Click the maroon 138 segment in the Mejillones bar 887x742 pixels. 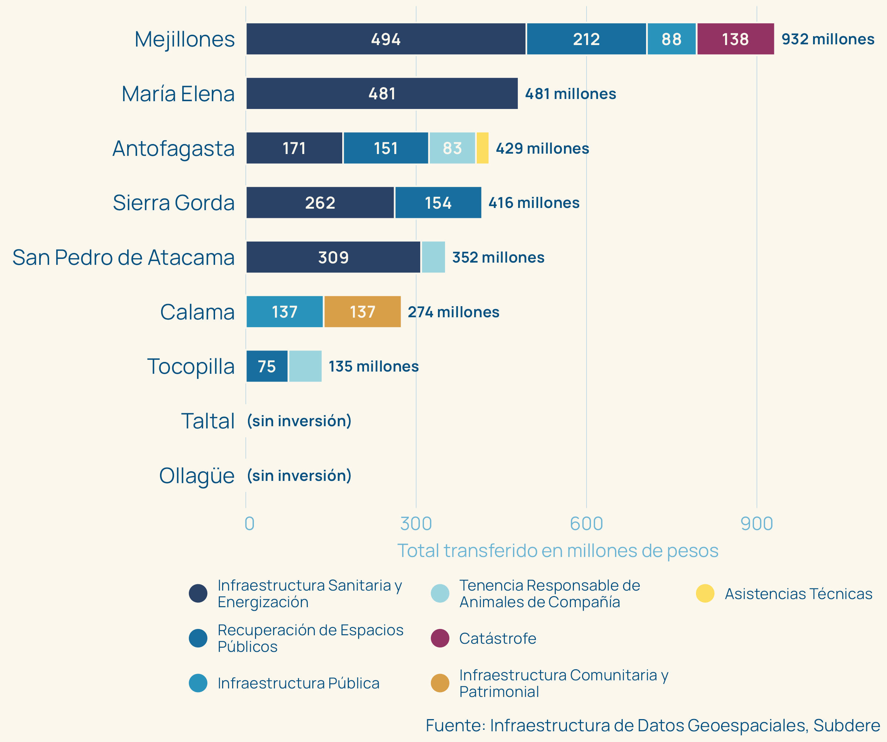735,39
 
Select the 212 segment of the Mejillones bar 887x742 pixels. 586,39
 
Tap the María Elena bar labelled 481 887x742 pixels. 382,93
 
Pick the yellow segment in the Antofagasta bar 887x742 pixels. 482,148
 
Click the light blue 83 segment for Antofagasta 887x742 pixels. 452,148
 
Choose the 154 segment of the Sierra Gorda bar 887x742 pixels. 438,203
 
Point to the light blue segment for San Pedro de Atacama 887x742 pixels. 434,257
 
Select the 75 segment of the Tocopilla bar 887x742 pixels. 267,366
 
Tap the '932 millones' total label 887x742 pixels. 828,39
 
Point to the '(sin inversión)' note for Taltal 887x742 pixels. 299,421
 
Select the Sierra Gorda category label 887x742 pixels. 173,203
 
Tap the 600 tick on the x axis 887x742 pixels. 586,524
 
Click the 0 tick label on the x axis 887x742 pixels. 249,524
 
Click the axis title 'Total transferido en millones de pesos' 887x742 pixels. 558,551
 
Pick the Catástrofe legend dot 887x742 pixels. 440,638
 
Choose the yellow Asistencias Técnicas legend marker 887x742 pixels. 705,594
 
